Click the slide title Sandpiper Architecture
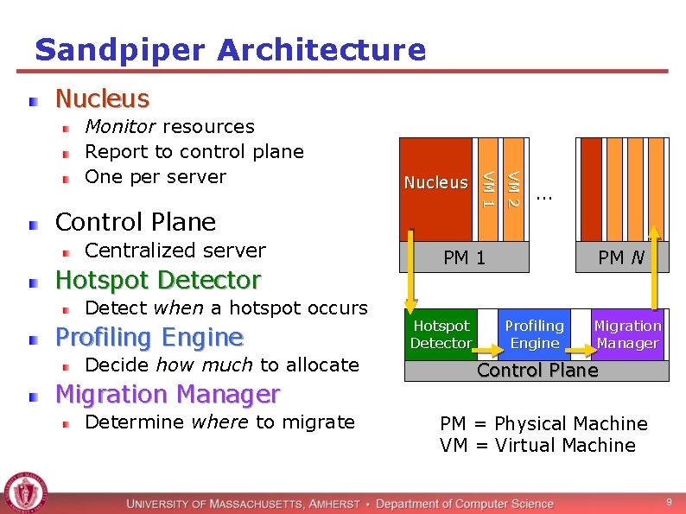(x=230, y=49)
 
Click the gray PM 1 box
(x=464, y=257)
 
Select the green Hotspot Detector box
(x=441, y=334)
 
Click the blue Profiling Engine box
(x=534, y=334)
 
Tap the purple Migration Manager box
(x=627, y=334)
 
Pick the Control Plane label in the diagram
(x=537, y=371)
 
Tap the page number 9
(x=668, y=502)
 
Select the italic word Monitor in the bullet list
(x=120, y=126)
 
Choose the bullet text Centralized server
(x=175, y=251)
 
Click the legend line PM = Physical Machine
(x=543, y=423)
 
